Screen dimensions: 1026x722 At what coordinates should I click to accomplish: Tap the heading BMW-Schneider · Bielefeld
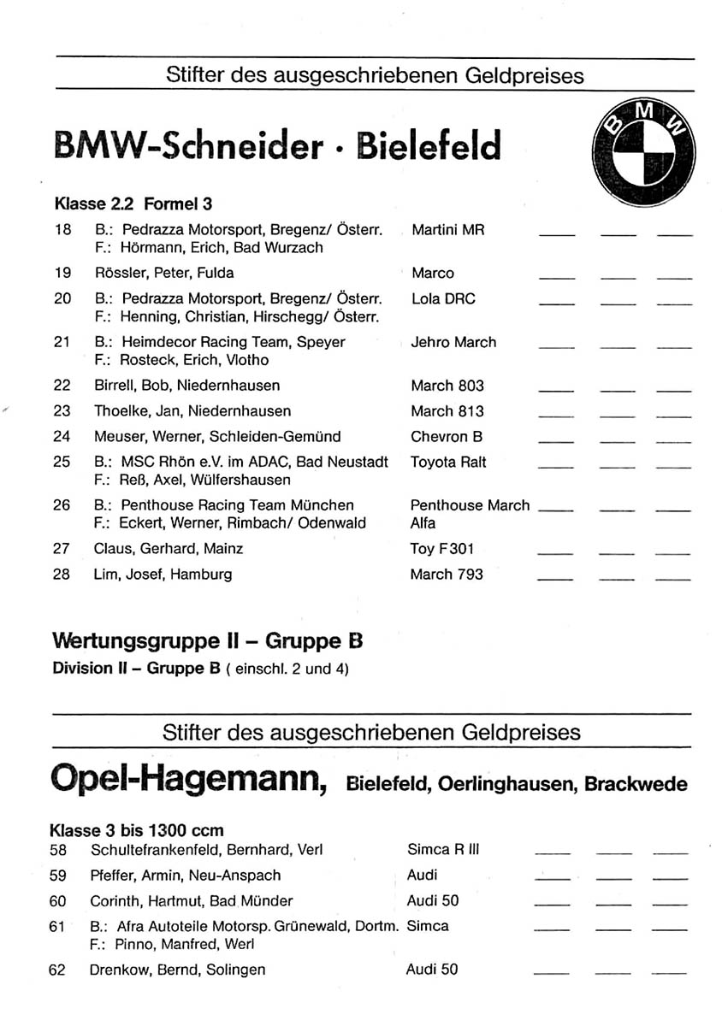(276, 146)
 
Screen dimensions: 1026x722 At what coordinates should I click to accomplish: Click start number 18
(62, 230)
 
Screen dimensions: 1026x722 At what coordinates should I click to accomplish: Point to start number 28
(62, 574)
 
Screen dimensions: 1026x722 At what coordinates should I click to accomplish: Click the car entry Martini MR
(447, 230)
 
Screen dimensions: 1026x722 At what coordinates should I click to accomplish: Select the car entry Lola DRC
(443, 299)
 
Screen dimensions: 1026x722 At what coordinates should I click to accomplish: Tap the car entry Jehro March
(453, 342)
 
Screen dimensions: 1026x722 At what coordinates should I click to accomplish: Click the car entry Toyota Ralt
(448, 462)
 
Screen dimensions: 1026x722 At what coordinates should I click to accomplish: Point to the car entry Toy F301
(442, 549)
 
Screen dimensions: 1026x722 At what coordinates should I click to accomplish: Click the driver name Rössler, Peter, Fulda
(164, 274)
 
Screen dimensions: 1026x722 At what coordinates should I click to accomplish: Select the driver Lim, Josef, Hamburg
(163, 574)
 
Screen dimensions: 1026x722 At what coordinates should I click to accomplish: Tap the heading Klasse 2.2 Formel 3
(133, 203)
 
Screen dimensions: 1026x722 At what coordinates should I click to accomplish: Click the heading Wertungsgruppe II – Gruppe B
(208, 640)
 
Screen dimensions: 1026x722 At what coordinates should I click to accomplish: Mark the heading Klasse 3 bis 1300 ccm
(137, 830)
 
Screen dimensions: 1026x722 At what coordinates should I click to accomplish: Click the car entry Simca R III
(443, 850)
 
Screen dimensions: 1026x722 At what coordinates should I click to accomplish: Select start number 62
(58, 970)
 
